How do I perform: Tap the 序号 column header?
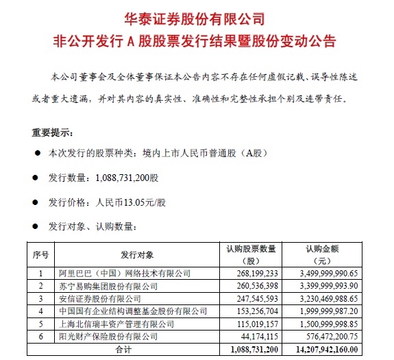(x=40, y=254)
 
